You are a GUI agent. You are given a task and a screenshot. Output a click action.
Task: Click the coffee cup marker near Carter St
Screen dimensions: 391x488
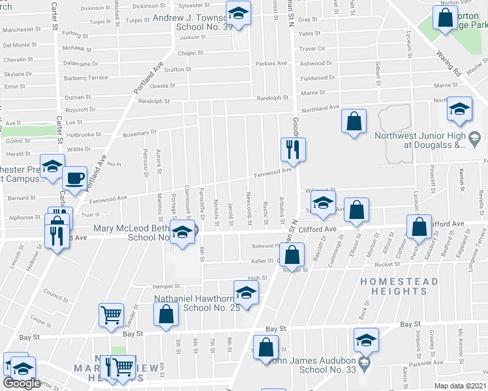[x=74, y=177]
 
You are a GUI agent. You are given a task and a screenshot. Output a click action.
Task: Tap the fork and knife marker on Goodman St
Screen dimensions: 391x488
[x=290, y=149]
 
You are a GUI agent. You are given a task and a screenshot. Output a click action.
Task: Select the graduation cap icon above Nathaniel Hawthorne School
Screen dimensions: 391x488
[x=246, y=291]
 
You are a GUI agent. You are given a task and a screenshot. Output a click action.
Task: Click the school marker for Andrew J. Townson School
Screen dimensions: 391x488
[x=238, y=14]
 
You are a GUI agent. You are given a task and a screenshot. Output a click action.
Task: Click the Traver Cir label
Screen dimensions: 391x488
[x=312, y=49]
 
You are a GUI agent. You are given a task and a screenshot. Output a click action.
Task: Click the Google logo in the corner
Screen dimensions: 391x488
[x=22, y=383]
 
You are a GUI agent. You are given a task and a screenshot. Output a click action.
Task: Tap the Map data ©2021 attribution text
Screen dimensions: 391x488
[x=461, y=386]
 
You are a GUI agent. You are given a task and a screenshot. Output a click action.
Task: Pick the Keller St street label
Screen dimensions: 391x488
[x=262, y=261]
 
